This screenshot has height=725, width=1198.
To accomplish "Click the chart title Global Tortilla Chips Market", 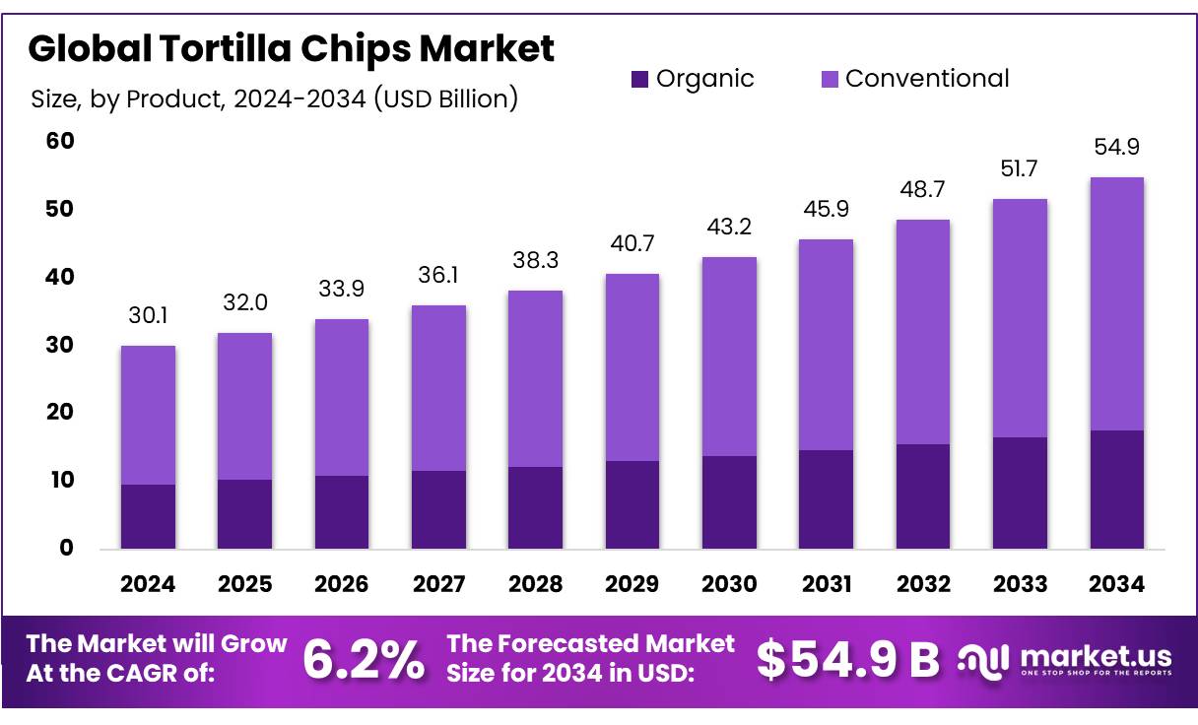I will [292, 48].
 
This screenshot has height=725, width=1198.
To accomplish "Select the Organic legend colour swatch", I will [639, 79].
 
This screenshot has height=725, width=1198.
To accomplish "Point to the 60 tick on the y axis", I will [60, 142].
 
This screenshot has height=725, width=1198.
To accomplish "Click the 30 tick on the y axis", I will [60, 346].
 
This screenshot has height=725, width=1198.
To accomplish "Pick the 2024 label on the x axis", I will [148, 584].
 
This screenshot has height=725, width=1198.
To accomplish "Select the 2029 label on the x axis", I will [632, 584].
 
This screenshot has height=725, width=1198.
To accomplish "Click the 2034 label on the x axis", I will [1116, 584].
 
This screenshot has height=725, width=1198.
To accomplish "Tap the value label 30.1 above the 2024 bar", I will [148, 315].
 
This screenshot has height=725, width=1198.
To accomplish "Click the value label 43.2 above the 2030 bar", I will [729, 227].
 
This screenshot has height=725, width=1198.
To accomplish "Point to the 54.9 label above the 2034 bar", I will [1116, 147].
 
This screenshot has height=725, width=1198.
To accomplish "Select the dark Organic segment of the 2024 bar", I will [148, 516].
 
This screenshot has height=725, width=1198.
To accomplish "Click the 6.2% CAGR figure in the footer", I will [364, 660].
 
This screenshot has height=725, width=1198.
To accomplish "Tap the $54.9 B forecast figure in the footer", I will [848, 660].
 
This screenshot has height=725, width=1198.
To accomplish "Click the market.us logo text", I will [1095, 655].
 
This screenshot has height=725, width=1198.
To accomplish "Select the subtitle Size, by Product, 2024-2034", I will [274, 99].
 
